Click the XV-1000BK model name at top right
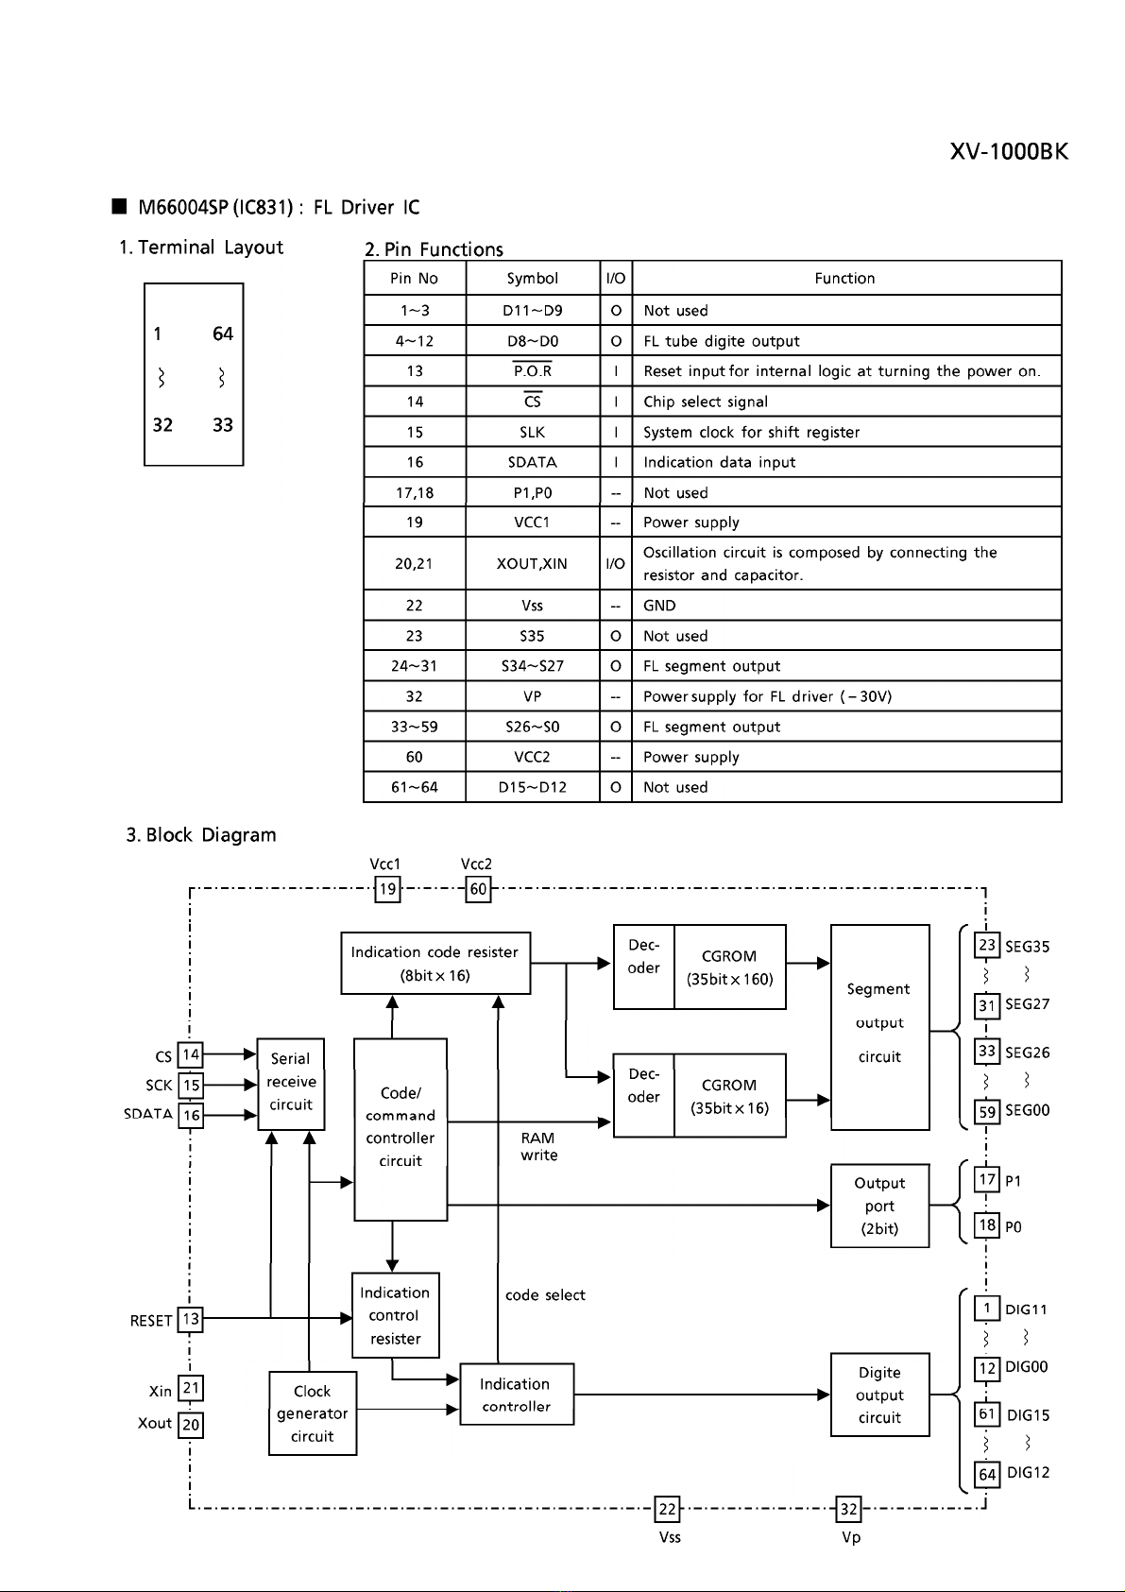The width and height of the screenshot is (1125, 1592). point(1009,151)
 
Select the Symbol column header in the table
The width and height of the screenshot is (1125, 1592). point(533,279)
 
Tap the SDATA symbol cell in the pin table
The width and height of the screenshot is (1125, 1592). point(533,462)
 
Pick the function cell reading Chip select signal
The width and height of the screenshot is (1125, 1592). point(706,402)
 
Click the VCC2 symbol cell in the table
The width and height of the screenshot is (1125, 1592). point(533,757)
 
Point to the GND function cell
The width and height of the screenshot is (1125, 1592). point(659,606)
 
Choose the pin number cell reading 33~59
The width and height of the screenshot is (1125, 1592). point(415,727)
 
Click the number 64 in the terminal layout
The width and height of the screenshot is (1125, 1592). point(222,334)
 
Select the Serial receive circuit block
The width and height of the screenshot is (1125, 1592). point(291,1084)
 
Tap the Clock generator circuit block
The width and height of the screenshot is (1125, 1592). point(313,1412)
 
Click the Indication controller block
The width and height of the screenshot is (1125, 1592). point(517,1394)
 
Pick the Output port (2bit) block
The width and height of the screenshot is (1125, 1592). point(879,1206)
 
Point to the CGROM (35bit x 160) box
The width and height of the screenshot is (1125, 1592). point(730,967)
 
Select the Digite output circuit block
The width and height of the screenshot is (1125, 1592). point(879,1395)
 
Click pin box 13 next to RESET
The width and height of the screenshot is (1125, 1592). point(191,1319)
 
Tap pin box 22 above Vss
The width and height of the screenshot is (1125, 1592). point(667,1508)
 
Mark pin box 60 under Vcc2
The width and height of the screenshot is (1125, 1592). point(478,889)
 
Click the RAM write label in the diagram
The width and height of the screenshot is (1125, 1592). point(538,1146)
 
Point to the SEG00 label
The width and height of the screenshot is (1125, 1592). point(1028,1110)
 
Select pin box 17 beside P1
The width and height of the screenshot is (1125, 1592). point(987,1180)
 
